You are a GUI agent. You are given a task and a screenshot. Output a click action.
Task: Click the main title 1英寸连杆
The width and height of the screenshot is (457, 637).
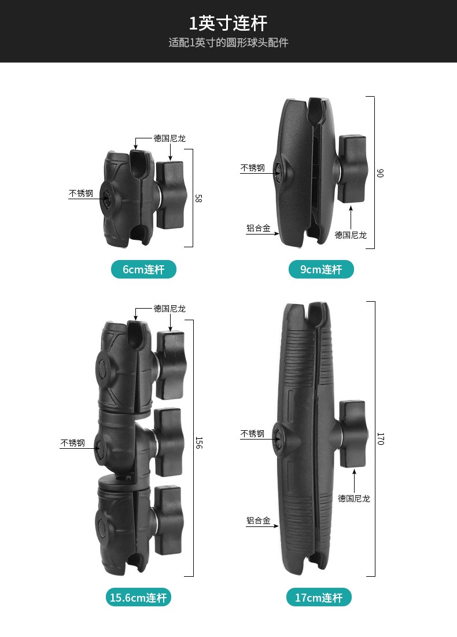[228, 23]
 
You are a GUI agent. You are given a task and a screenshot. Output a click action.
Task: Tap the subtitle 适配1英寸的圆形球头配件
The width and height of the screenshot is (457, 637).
[228, 43]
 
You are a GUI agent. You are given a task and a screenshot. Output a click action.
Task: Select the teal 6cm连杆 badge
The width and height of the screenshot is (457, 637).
[143, 269]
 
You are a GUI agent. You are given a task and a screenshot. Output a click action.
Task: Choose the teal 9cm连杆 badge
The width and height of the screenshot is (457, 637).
[321, 269]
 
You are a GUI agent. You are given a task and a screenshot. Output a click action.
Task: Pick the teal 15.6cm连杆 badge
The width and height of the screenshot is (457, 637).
[138, 598]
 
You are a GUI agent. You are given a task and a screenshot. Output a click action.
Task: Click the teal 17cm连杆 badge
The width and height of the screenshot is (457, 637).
[319, 598]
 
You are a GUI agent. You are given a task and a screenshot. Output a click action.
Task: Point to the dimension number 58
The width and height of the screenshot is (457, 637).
[198, 198]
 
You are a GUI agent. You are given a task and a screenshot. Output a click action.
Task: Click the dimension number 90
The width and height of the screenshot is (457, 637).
[380, 173]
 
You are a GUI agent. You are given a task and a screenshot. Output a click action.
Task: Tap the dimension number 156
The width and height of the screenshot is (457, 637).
[199, 443]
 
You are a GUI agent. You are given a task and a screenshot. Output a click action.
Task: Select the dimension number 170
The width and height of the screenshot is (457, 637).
[380, 439]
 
